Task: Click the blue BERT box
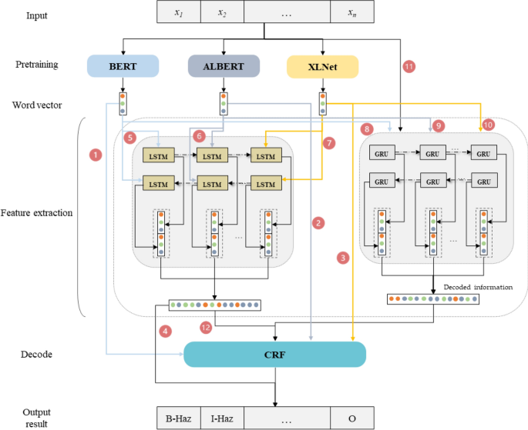123,66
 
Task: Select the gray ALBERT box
224,66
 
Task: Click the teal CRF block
274,355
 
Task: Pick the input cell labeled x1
178,13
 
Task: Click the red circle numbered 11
409,67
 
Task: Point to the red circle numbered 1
96,155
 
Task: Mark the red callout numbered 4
165,332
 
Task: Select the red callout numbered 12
205,326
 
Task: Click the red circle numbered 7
329,143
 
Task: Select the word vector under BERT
123,103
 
